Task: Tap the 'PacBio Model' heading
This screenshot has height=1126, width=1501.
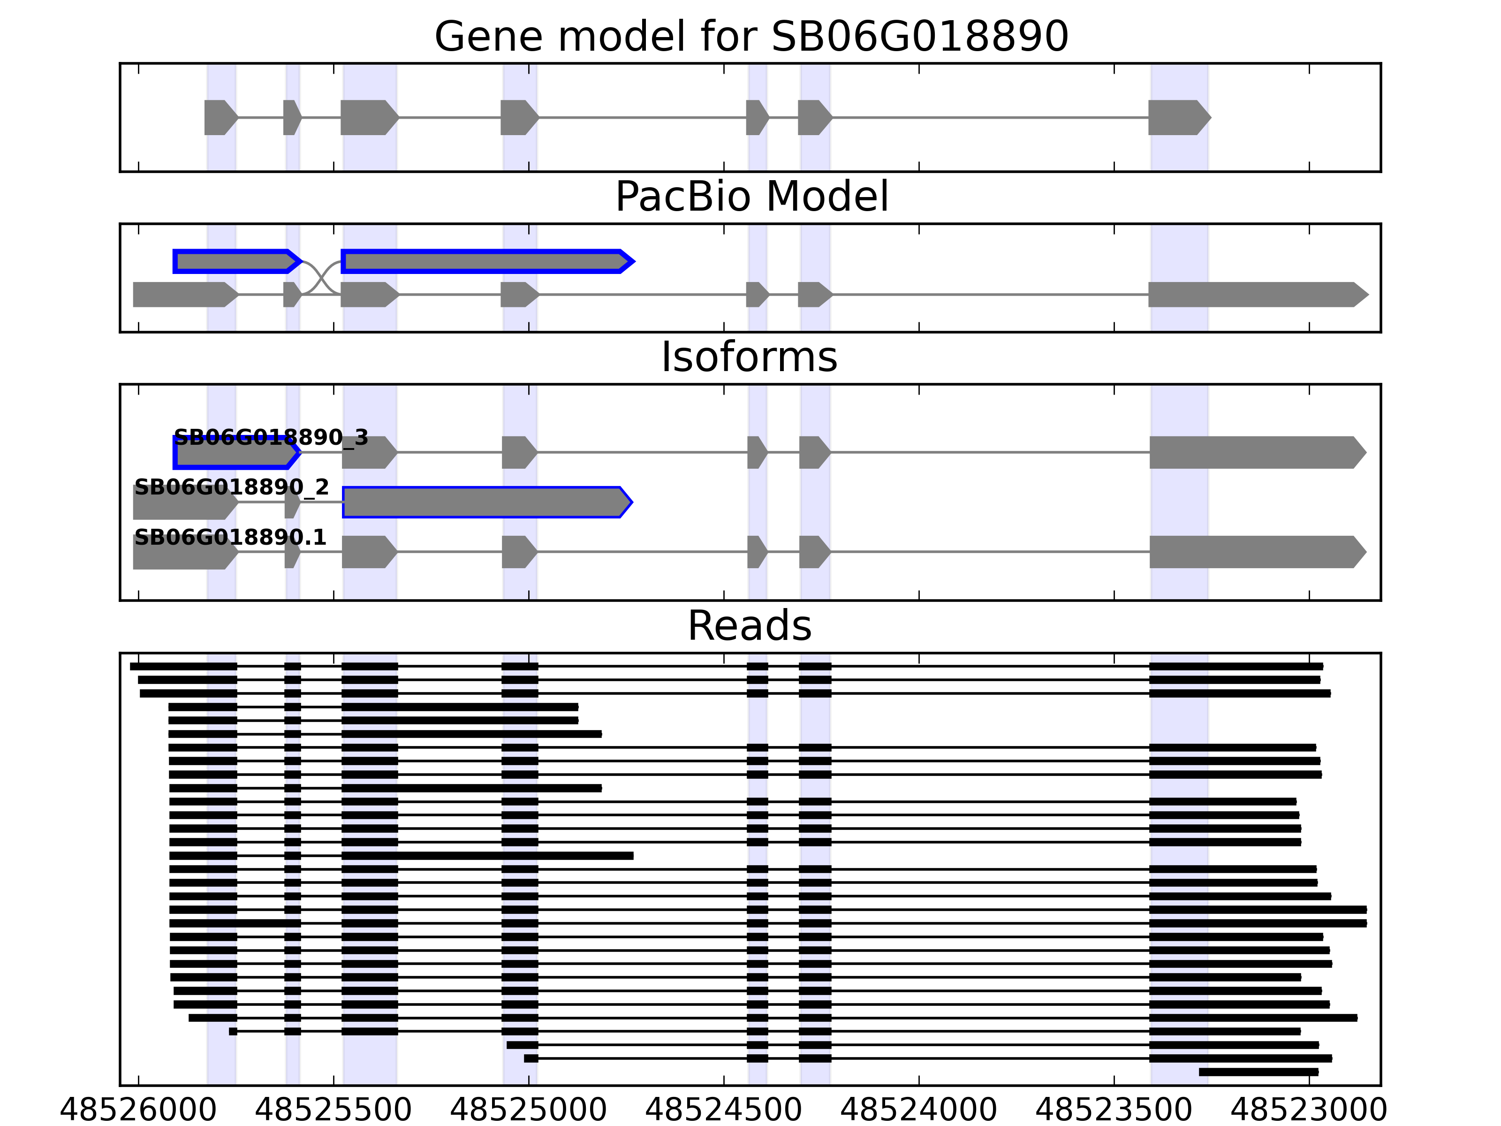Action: pos(751,197)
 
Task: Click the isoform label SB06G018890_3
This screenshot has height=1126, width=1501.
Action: pos(271,438)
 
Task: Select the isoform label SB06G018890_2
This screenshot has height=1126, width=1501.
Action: pos(231,487)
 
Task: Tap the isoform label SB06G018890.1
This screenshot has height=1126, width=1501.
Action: pos(230,538)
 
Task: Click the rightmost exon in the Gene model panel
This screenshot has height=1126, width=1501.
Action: pos(1178,117)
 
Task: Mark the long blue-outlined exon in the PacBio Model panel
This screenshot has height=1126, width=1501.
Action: pos(486,261)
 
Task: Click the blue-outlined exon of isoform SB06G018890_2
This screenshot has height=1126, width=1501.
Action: pos(486,502)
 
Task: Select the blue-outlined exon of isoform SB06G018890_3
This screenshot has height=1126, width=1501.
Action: pos(235,453)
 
